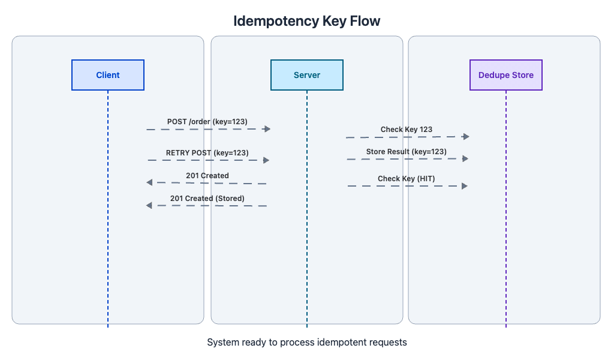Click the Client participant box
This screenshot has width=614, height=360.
(108, 75)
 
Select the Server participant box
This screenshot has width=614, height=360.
(307, 75)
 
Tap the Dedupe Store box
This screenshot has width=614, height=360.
(505, 75)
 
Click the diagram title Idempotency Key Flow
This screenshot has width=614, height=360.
(307, 21)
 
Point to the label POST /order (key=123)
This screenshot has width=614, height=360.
(207, 122)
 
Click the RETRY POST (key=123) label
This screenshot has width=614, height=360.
(207, 153)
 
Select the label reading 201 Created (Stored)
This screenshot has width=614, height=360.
(207, 198)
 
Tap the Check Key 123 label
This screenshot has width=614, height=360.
(406, 130)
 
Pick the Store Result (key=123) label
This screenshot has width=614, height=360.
(406, 152)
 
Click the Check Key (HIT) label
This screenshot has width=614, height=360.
(406, 179)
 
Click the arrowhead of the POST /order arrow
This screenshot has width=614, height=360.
(267, 129)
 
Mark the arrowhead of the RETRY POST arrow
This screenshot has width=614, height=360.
(266, 160)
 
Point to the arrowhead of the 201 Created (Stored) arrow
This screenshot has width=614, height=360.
(149, 205)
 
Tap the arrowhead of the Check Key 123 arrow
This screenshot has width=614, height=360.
(466, 137)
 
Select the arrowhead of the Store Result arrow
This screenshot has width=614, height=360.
(465, 158)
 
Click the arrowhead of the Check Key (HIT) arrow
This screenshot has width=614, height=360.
(464, 186)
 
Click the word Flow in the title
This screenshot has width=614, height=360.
(365, 21)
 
